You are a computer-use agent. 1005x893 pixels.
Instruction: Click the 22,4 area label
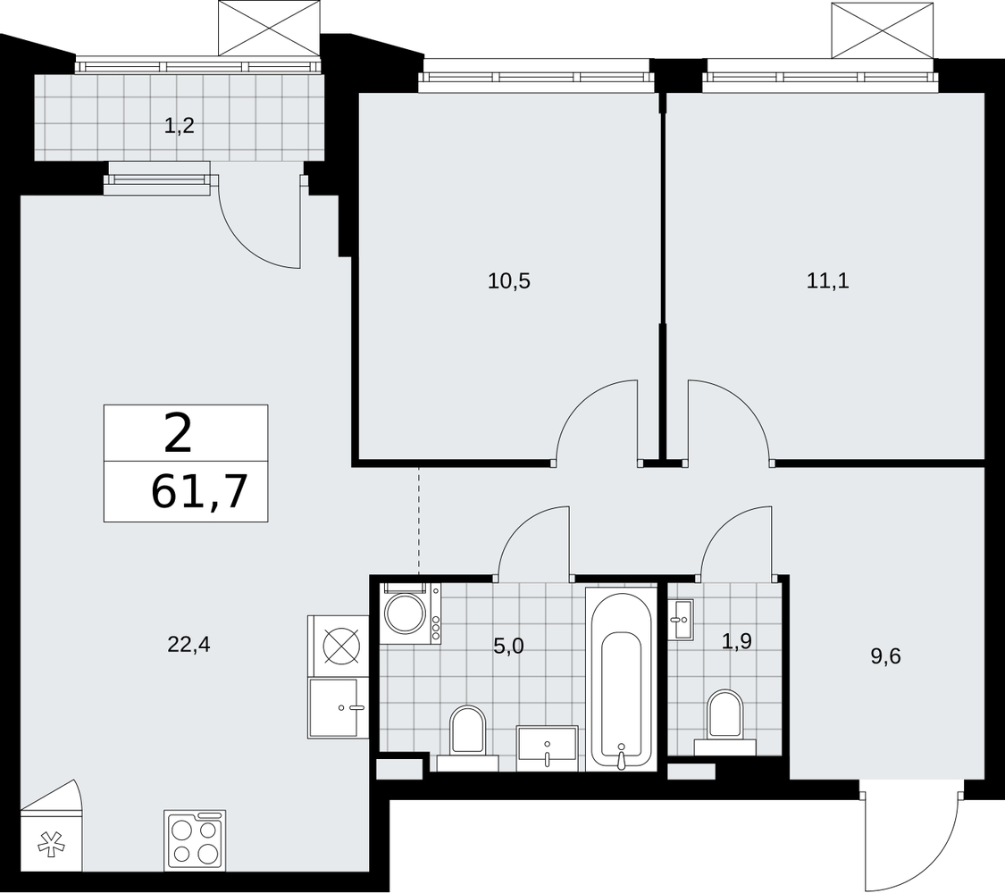tap(188, 645)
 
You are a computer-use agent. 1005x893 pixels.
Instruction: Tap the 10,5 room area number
tap(509, 281)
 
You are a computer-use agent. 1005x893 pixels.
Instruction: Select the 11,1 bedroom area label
tap(827, 281)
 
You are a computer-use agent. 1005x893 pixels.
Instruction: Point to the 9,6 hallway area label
tap(886, 656)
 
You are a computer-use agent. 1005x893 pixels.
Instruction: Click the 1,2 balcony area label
tap(179, 126)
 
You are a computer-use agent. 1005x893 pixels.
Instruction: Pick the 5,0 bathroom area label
tap(509, 647)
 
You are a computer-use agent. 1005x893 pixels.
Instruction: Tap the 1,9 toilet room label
tap(737, 641)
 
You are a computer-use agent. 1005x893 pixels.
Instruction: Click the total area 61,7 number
tap(199, 492)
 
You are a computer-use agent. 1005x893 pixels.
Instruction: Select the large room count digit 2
tap(178, 433)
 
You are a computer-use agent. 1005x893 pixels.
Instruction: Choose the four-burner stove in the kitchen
tap(195, 839)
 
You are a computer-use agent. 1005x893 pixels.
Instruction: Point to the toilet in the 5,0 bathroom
tap(468, 737)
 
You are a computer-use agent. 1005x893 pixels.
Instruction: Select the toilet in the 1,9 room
tap(724, 722)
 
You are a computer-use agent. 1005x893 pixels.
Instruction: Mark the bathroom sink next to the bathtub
tap(548, 748)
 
